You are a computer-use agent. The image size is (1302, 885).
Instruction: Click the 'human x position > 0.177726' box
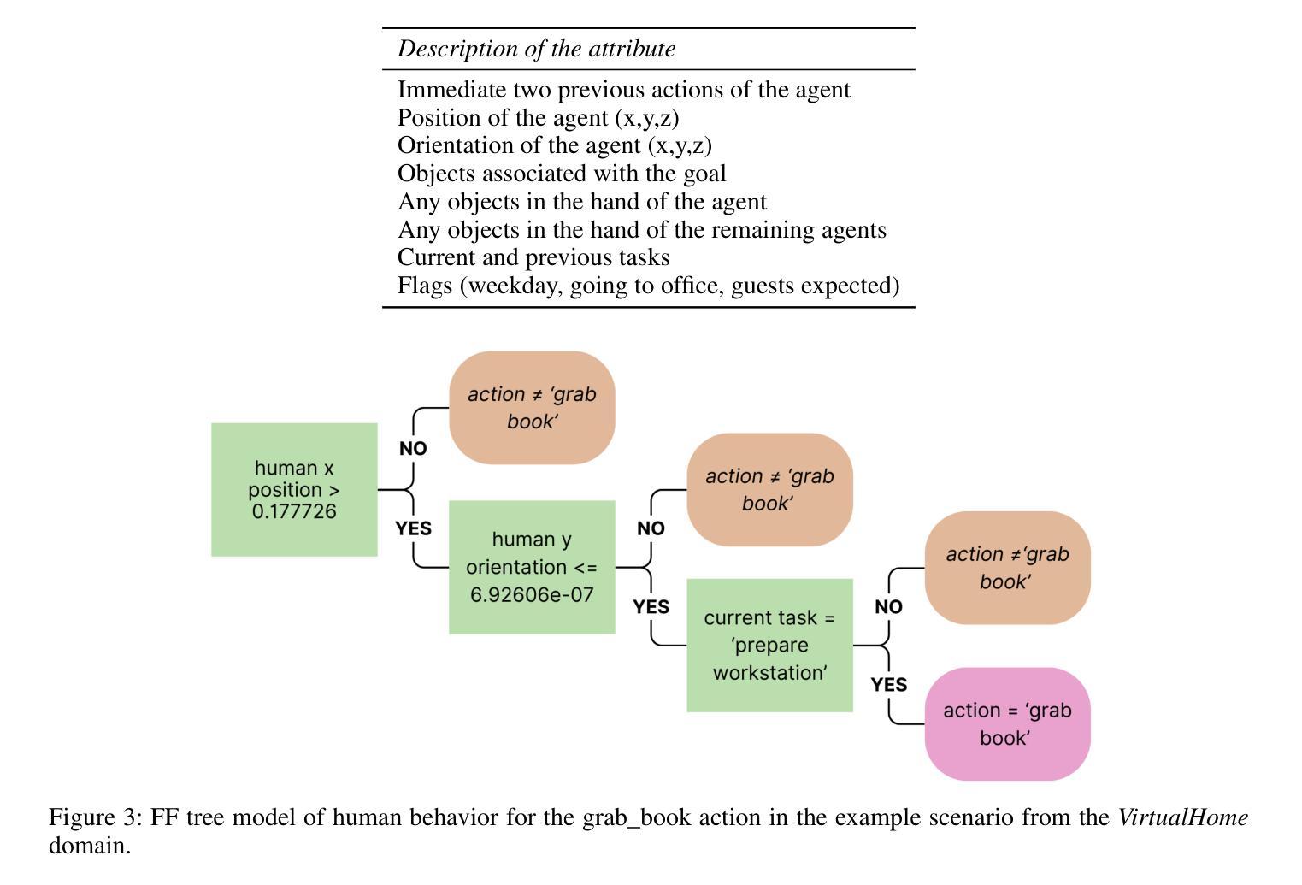pos(294,490)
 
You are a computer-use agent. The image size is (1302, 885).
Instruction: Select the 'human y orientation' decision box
pos(532,567)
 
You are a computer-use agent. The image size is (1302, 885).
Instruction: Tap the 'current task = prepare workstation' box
pos(769,645)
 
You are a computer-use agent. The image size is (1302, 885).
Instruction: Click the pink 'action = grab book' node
pos(1007,724)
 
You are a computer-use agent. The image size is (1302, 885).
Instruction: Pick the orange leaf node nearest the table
pos(532,408)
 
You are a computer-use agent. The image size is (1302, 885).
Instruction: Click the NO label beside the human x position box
pos(413,448)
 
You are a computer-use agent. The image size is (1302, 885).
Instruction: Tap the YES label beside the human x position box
pos(413,528)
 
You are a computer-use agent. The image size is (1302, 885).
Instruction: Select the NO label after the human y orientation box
pos(651,528)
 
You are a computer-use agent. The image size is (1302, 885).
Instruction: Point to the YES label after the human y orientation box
pos(651,606)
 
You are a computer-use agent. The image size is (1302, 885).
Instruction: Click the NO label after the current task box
pos(888,606)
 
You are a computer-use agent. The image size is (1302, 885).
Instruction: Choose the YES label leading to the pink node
pos(889,684)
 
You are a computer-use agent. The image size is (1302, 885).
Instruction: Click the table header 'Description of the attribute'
pos(536,49)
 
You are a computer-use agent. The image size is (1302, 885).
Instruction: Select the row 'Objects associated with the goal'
pos(562,174)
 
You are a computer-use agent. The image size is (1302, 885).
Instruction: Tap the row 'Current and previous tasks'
pos(533,257)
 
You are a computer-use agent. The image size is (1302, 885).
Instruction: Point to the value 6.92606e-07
pos(532,595)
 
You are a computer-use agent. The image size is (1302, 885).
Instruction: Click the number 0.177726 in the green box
pos(294,511)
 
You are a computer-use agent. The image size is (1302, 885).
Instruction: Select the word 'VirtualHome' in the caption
pos(1183,817)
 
